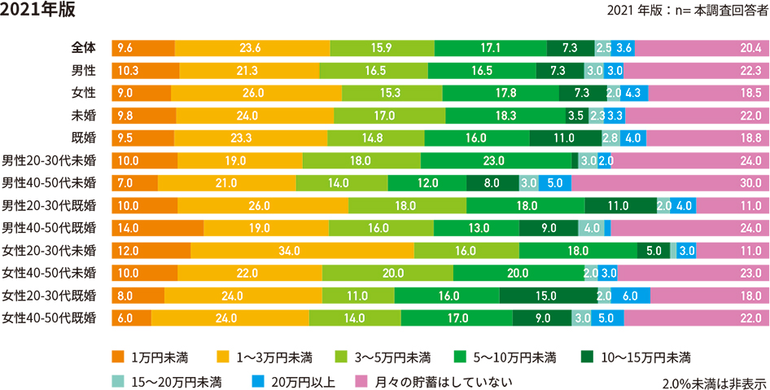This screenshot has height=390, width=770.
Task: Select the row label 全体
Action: pos(83,48)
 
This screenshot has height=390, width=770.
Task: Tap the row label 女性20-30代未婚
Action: pos(50,250)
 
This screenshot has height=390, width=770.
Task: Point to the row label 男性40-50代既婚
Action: pos(50,227)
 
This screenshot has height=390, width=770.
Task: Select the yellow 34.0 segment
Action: pos(302,250)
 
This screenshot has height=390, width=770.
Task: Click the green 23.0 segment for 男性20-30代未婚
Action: pos(496,160)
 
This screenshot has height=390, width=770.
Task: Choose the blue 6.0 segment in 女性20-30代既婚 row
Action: pos(631,295)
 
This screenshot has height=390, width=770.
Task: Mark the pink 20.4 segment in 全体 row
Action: pos(702,48)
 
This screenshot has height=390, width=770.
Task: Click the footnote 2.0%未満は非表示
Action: pos(714,382)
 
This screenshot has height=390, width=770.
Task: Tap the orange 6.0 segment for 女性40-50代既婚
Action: pos(132,318)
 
